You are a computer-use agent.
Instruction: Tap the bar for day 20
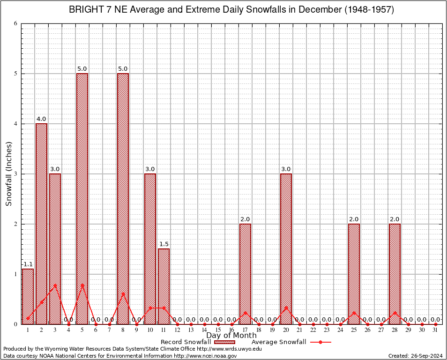pyautogui.click(x=286, y=248)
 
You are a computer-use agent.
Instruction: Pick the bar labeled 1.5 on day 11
pyautogui.click(x=164, y=286)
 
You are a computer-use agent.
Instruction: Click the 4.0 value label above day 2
pyautogui.click(x=41, y=119)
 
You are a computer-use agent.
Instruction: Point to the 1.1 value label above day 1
pyautogui.click(x=28, y=264)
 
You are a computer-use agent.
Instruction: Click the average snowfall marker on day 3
pyautogui.click(x=55, y=285)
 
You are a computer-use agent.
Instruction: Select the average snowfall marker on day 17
pyautogui.click(x=245, y=312)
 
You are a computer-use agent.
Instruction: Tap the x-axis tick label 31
pyautogui.click(x=435, y=330)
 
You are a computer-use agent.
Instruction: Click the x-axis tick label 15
pyautogui.click(x=218, y=330)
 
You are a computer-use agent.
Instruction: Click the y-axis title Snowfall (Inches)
pyautogui.click(x=9, y=173)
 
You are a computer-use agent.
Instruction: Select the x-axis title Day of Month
pyautogui.click(x=231, y=336)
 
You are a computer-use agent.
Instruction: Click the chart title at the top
pyautogui.click(x=231, y=9)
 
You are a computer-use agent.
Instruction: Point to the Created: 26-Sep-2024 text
pyautogui.click(x=416, y=356)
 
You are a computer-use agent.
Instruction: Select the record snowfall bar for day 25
pyautogui.click(x=354, y=274)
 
